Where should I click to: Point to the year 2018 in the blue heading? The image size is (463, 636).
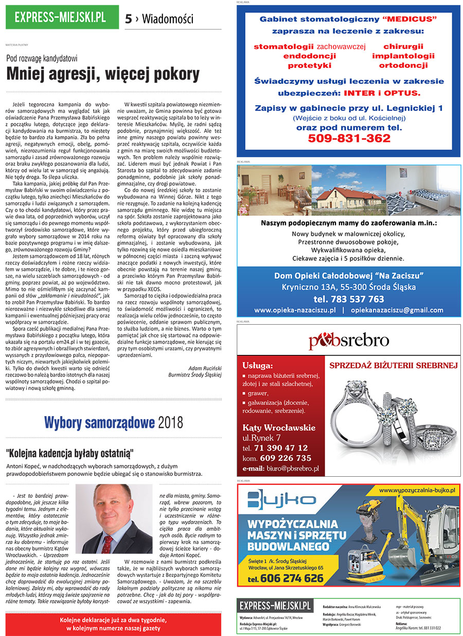click(170, 423)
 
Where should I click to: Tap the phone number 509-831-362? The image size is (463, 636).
click(349, 138)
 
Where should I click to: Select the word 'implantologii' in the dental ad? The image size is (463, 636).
click(403, 56)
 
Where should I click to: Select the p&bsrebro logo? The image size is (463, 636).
click(348, 341)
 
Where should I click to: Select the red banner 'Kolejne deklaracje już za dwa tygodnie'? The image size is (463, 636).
click(113, 624)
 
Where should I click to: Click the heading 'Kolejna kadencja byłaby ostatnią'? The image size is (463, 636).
click(70, 453)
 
